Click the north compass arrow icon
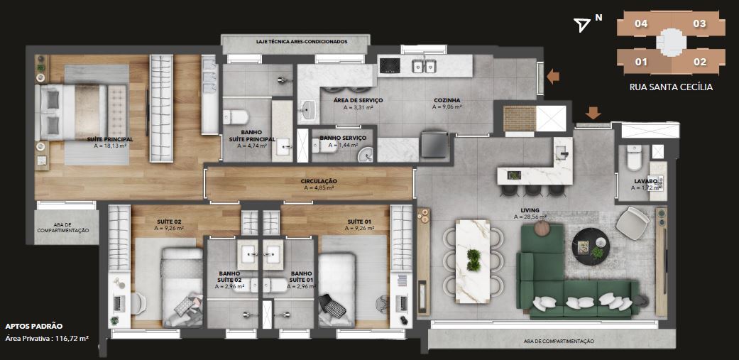pyautogui.click(x=583, y=26)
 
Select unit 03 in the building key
pyautogui.click(x=699, y=23)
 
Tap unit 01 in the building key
pyautogui.click(x=641, y=62)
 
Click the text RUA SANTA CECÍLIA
pyautogui.click(x=671, y=87)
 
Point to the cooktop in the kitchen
pyautogui.click(x=390, y=65)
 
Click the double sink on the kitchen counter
pyautogui.click(x=424, y=65)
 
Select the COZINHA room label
pyautogui.click(x=446, y=100)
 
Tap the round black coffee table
pyautogui.click(x=591, y=246)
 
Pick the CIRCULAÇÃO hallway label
pyautogui.click(x=319, y=181)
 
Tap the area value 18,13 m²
pyautogui.click(x=110, y=146)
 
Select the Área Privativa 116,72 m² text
pyautogui.click(x=47, y=338)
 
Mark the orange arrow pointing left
pyautogui.click(x=553, y=77)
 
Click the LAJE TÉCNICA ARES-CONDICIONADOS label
pyautogui.click(x=302, y=41)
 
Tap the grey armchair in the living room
pyautogui.click(x=633, y=223)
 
